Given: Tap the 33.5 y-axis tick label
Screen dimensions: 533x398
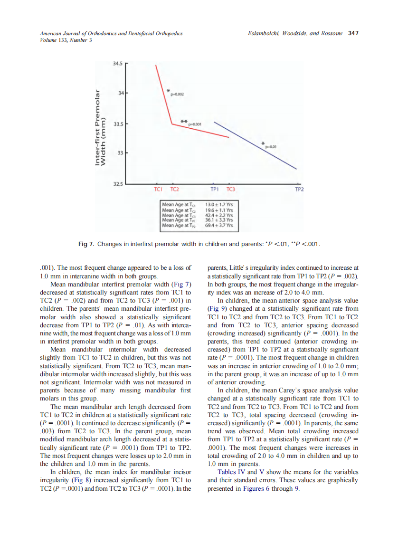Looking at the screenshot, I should coord(118,124).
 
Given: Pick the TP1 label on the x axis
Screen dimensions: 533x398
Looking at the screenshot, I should coord(214,190).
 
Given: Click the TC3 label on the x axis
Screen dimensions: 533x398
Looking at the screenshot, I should coord(230,190).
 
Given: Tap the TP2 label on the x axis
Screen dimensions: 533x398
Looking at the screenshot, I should coord(299,190).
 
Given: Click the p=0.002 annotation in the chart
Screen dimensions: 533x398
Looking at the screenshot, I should coord(176,95).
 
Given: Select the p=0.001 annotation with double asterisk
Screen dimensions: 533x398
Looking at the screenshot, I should coord(195,124).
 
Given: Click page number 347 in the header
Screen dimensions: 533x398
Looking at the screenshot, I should coord(353,33).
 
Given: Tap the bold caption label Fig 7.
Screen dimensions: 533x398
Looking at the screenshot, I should coord(86,244).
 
